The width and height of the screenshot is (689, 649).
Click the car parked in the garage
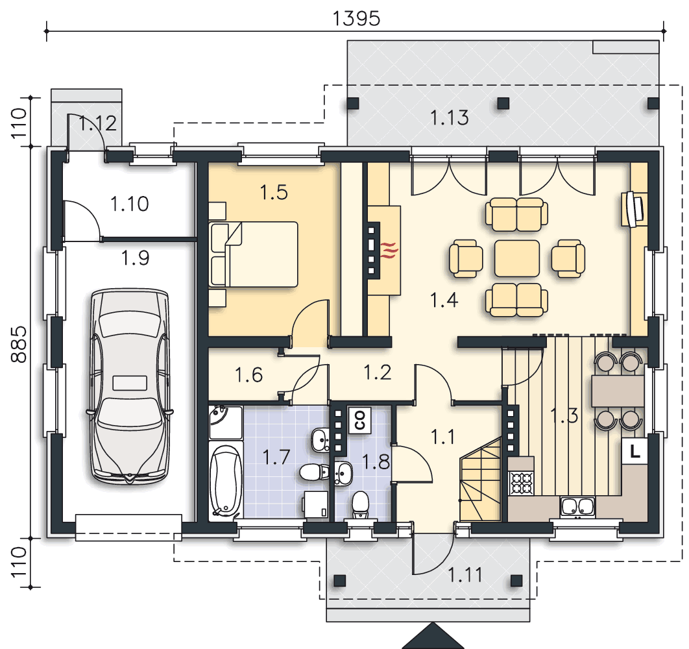(x=130, y=386)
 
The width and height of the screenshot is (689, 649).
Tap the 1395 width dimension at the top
(x=356, y=18)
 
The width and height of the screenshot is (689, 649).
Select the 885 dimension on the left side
(x=18, y=344)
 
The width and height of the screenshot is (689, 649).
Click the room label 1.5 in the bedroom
(x=274, y=193)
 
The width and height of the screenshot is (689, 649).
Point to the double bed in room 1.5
(x=254, y=254)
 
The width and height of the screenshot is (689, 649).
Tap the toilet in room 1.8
(x=360, y=505)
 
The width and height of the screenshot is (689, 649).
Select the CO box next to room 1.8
(x=359, y=420)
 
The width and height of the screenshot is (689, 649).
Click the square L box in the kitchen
(x=634, y=451)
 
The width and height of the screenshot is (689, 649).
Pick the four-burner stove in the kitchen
(x=521, y=482)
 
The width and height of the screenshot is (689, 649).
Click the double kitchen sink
(x=577, y=506)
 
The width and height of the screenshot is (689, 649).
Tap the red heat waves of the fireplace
(x=389, y=251)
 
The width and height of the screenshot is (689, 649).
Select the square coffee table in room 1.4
(x=516, y=258)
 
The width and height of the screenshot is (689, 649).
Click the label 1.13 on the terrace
(x=449, y=118)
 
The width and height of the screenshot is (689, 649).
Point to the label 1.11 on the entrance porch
(x=465, y=574)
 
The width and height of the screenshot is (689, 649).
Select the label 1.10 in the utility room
(x=129, y=204)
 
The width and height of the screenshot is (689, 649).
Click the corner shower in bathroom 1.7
(x=226, y=422)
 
